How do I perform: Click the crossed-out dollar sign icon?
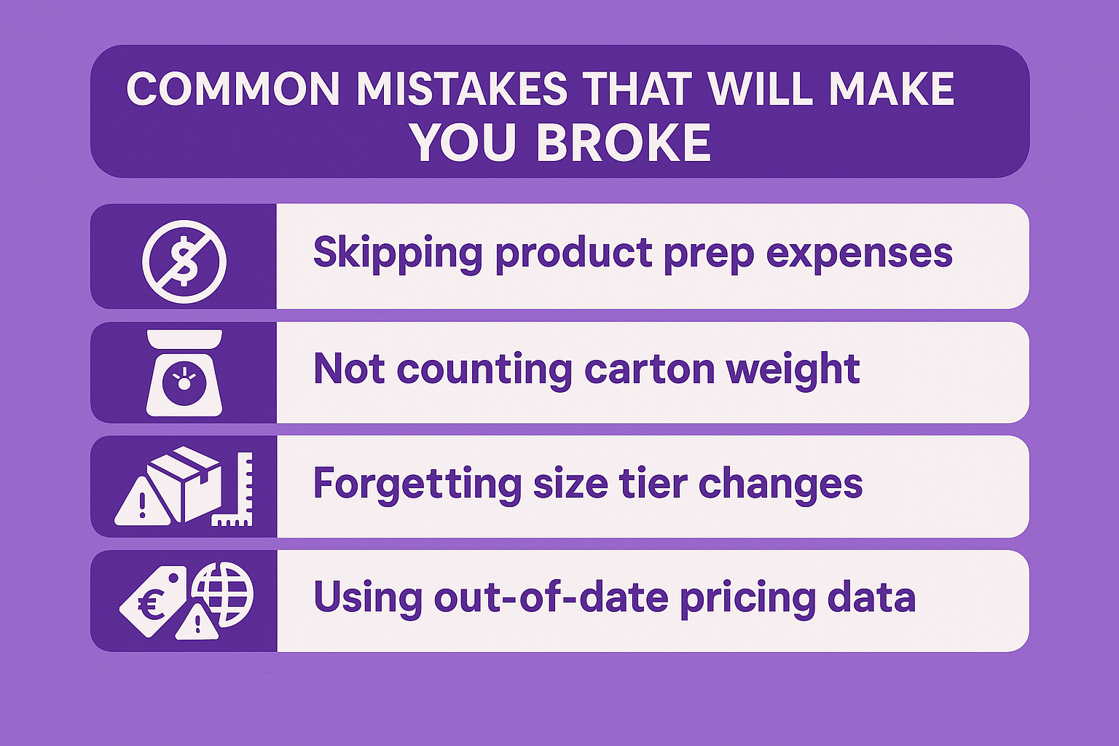(x=184, y=262)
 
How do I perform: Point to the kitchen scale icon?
(x=184, y=373)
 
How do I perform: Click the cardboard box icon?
(x=184, y=484)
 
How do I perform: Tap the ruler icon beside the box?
(x=233, y=490)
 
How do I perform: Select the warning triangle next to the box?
(x=143, y=502)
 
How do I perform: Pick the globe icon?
(x=223, y=594)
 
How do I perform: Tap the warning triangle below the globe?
(x=197, y=622)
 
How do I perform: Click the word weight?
(x=793, y=371)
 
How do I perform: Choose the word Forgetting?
(x=417, y=484)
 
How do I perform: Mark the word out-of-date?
(x=551, y=597)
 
